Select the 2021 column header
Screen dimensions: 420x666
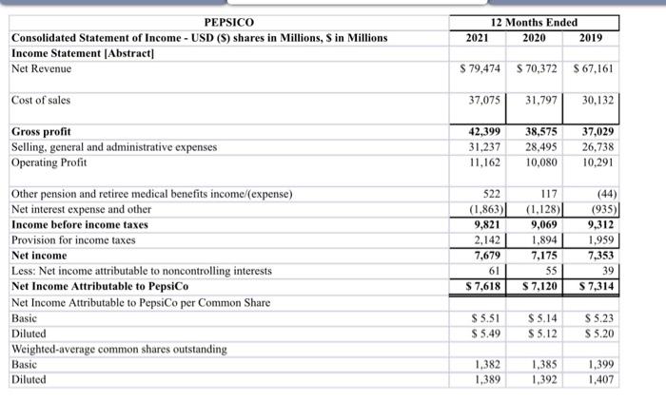478,38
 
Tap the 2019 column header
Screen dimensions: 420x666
593,38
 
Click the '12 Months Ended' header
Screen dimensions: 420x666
534,22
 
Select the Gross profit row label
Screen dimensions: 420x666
41,131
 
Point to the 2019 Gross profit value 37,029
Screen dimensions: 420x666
596,131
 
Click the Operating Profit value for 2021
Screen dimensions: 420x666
483,162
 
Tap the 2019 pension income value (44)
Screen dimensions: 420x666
602,194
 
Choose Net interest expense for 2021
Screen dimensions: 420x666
481,209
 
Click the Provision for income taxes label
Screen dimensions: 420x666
74,240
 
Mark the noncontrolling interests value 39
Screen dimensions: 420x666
607,271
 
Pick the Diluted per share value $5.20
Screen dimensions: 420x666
597,334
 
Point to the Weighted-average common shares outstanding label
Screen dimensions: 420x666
119,349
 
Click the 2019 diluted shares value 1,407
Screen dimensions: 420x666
599,379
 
